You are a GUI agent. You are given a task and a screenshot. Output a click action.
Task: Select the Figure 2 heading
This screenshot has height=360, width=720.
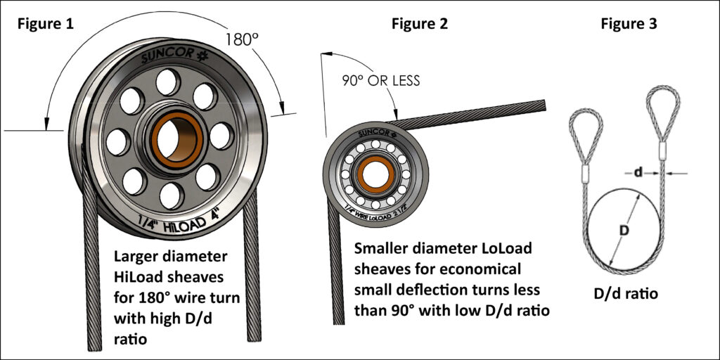[419, 23]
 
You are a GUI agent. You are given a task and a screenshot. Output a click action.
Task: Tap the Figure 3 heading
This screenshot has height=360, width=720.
[629, 23]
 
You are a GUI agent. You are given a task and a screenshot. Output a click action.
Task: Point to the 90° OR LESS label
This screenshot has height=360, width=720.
[382, 81]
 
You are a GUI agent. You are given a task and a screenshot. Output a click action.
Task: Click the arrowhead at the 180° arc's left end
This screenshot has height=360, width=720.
[46, 126]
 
